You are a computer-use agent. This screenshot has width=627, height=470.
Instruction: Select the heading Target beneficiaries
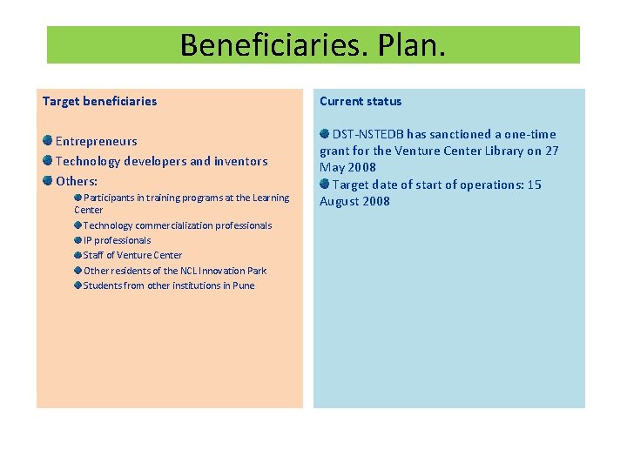[99, 101]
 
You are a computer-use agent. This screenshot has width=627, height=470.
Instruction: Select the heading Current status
[361, 101]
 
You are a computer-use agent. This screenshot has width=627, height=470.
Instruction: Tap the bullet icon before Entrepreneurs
[48, 140]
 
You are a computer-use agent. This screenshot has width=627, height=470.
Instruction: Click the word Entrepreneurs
[97, 141]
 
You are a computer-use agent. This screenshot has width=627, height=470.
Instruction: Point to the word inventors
[241, 161]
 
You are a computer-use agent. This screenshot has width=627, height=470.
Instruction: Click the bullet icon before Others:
[48, 180]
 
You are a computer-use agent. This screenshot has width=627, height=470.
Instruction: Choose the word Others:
[77, 181]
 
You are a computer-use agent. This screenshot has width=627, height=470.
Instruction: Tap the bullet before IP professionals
[78, 239]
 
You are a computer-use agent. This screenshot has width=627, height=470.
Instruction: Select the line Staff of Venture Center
[132, 255]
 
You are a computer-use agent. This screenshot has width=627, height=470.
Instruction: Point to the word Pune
[244, 285]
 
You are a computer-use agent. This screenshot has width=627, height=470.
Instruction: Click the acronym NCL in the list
[190, 271]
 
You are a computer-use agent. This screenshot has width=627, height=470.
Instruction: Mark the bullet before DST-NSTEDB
[325, 133]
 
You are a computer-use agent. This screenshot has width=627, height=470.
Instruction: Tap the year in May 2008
[362, 167]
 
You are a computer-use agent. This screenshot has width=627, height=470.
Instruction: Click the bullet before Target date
[325, 184]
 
